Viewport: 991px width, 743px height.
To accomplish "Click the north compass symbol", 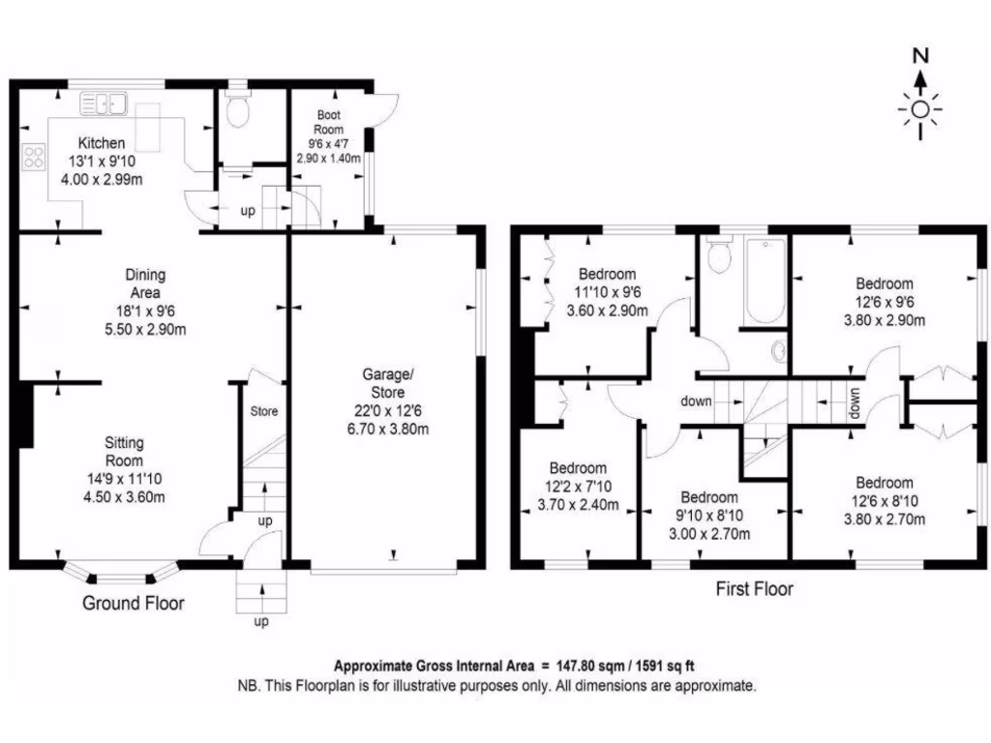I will pos(920,98).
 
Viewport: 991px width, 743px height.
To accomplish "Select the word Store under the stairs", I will pos(264,411).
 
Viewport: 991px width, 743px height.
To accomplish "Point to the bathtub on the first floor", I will pos(764,281).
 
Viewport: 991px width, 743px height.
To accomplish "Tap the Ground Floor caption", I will pos(133,604).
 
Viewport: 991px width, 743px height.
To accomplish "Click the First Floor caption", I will pos(753,588).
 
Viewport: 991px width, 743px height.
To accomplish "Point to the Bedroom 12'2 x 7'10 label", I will pos(578,467).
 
